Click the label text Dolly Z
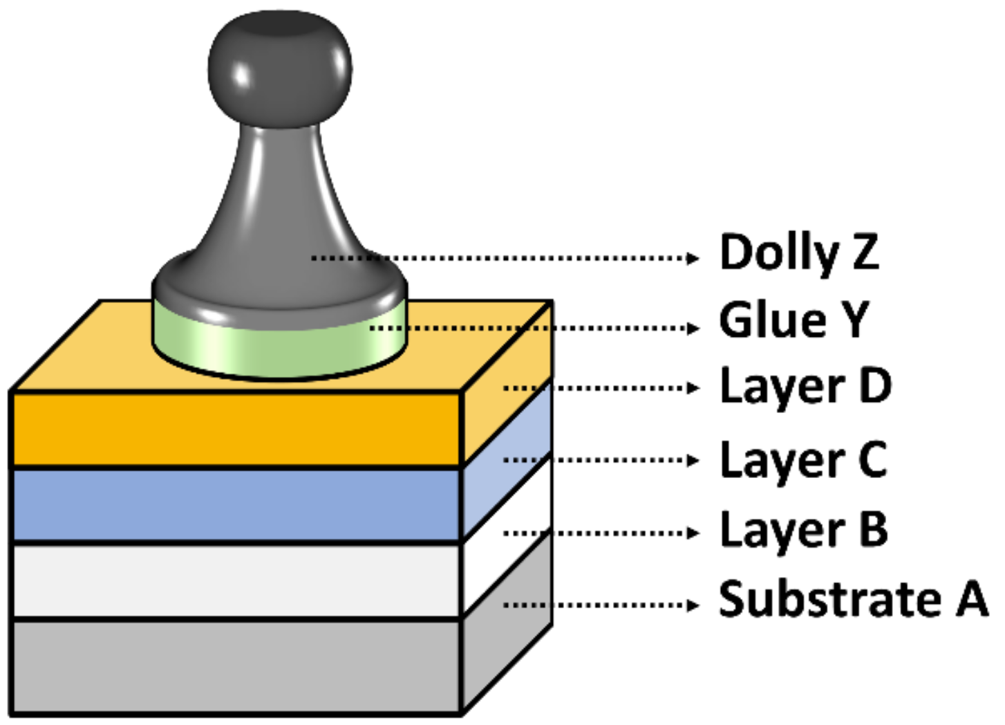(x=798, y=253)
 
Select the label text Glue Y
(x=793, y=321)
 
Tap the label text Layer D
(x=805, y=388)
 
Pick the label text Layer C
(x=803, y=461)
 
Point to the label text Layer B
(x=803, y=531)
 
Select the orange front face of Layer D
(x=235, y=429)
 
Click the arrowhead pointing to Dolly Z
(x=693, y=259)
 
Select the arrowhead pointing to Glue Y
(x=693, y=328)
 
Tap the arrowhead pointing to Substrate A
(x=693, y=605)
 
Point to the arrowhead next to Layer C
(x=693, y=460)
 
